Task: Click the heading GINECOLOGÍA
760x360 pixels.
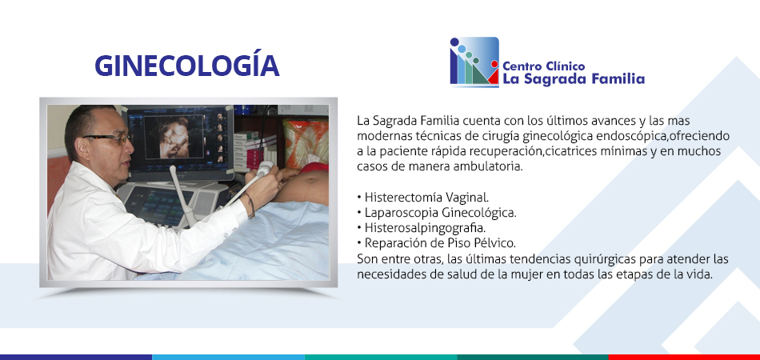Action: tap(186, 65)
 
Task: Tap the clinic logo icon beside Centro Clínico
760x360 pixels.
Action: tap(474, 62)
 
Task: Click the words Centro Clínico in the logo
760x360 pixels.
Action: tap(543, 66)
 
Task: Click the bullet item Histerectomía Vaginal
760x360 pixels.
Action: tap(423, 198)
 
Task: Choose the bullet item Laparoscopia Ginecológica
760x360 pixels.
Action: tap(437, 213)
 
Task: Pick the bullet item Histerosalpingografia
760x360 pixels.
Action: tap(421, 228)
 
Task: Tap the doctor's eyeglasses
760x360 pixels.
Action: tap(111, 138)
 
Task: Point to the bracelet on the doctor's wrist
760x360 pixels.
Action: tap(250, 205)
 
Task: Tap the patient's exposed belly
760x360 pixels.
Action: tap(303, 187)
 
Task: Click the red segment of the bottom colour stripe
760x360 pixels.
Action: tap(684, 357)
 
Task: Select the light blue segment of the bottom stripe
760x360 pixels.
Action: tap(228, 357)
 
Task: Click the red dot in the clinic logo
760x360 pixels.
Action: tap(494, 64)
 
